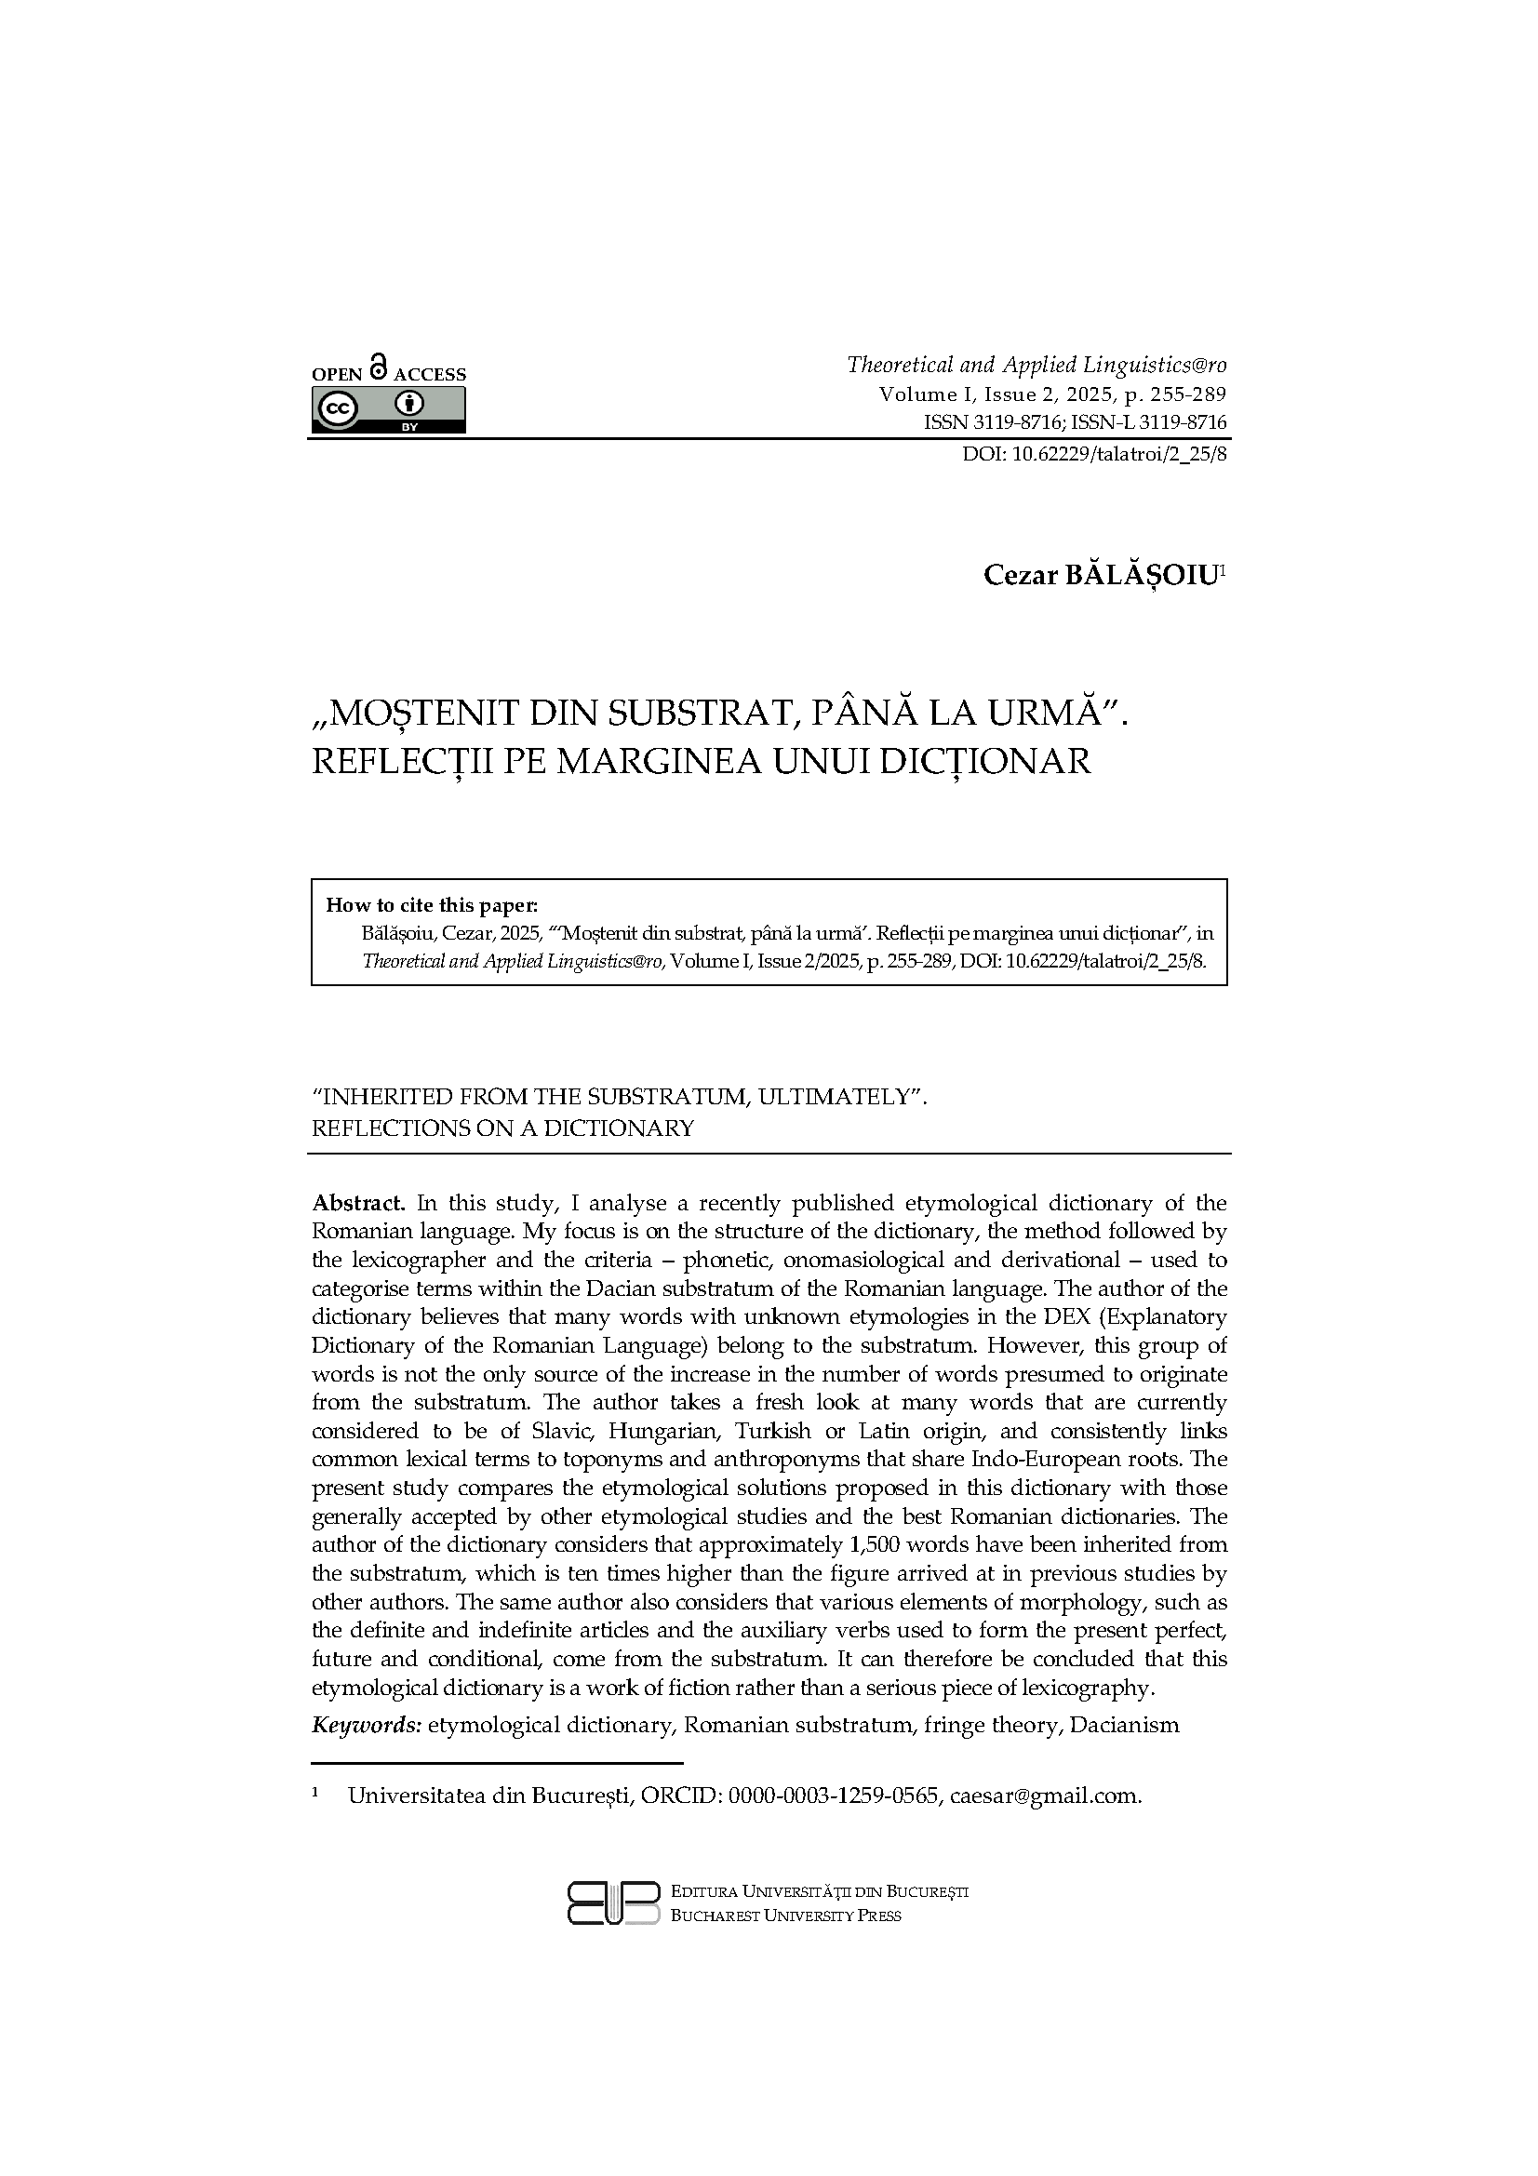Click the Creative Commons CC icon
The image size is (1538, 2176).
click(339, 409)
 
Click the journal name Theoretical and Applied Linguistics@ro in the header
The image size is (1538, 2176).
click(1036, 365)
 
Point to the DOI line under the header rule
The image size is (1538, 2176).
click(1094, 454)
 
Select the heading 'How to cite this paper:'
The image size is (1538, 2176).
click(431, 904)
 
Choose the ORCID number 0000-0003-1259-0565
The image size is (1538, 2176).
click(833, 1796)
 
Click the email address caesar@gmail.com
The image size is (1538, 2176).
click(1044, 1796)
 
